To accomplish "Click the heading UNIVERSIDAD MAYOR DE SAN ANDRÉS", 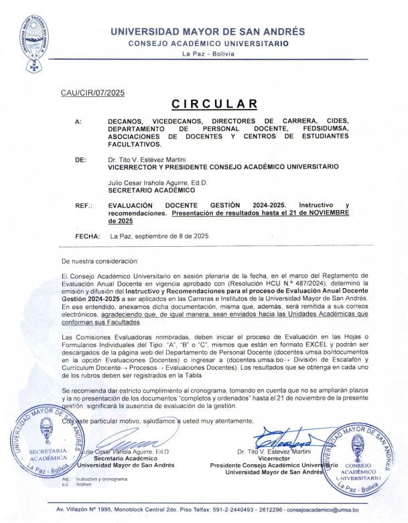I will coord(208,31).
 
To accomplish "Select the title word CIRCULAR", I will coord(214,104).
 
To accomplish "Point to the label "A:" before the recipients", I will coord(79,121).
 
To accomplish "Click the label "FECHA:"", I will coord(88,235).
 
